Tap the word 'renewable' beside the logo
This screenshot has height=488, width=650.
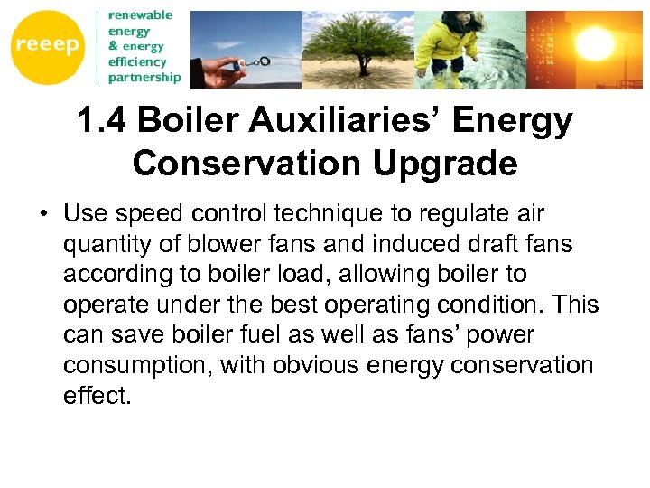tap(140, 15)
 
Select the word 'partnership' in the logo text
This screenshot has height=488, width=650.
tap(144, 78)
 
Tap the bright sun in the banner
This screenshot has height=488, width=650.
tap(597, 41)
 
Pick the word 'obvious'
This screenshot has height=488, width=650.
tap(312, 365)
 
